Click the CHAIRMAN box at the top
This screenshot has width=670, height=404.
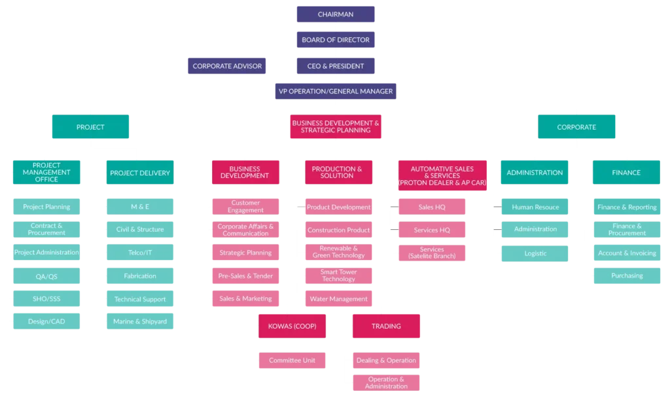(x=335, y=14)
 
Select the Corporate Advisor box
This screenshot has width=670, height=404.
(x=227, y=65)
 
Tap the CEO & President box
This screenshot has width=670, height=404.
(x=335, y=65)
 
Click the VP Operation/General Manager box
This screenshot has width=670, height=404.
(x=336, y=91)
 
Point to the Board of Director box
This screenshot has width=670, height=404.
(x=335, y=40)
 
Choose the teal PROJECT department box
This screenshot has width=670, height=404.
(x=90, y=127)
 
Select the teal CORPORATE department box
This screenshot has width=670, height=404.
(x=576, y=127)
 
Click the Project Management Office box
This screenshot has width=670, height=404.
(x=46, y=172)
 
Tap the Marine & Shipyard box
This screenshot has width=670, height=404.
(x=140, y=321)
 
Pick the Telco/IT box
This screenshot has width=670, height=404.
(x=140, y=253)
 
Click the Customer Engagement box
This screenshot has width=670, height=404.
(x=245, y=207)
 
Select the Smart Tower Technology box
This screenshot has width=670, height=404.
(x=338, y=276)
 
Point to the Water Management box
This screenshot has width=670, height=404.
(x=338, y=299)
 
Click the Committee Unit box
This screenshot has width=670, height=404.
(x=292, y=360)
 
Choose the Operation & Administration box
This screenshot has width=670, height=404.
(x=386, y=382)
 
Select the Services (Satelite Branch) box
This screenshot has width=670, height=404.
(x=432, y=253)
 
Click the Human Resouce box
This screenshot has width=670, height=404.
(x=535, y=207)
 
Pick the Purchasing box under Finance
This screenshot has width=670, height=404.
(x=627, y=276)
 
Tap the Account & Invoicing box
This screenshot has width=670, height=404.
(x=627, y=253)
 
